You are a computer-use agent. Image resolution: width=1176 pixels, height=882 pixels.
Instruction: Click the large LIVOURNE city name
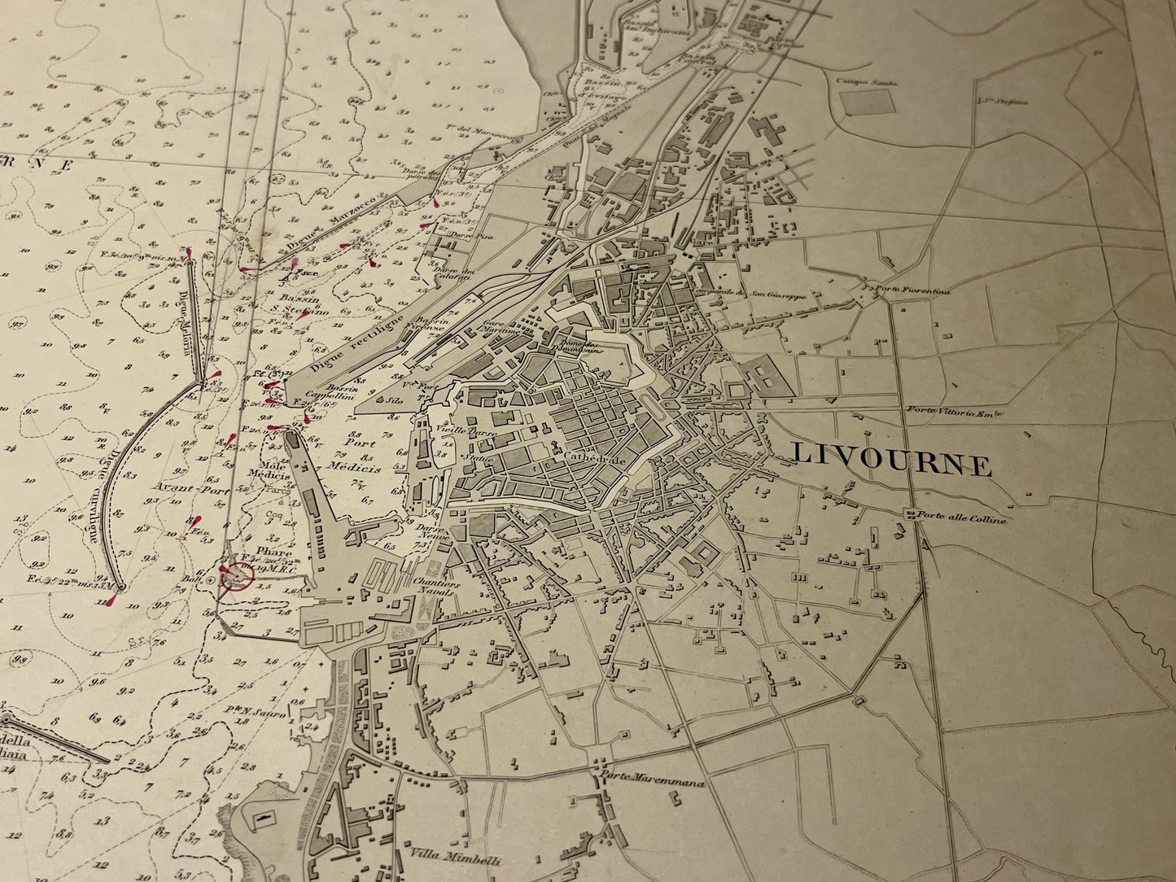tap(891, 461)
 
